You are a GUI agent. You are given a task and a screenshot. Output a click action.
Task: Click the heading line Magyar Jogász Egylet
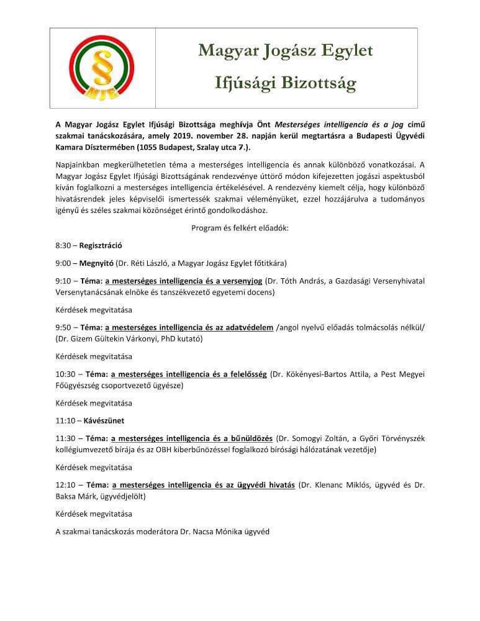click(286, 51)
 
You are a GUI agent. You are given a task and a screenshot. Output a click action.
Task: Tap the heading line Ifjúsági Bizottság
click(286, 82)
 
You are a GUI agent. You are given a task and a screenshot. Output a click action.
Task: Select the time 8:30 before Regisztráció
click(63, 245)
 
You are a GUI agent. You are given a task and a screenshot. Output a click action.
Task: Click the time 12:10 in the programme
click(65, 485)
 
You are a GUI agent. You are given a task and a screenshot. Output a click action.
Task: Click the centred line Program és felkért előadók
click(240, 228)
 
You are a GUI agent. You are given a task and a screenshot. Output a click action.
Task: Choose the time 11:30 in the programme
click(65, 438)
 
